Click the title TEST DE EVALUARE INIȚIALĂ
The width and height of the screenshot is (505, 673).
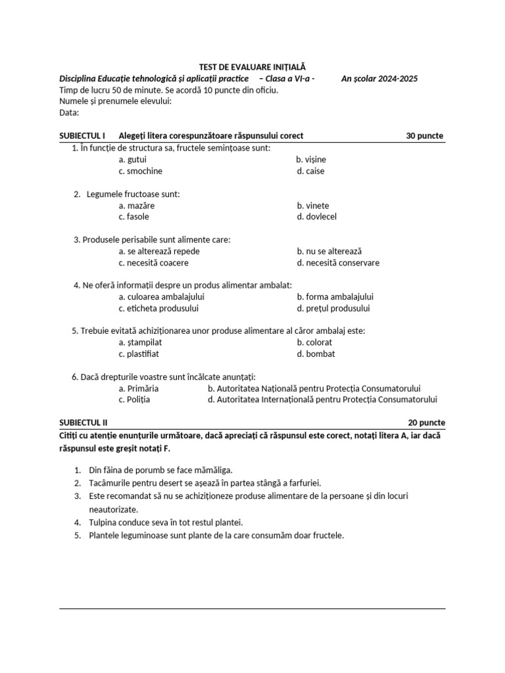coord(252,67)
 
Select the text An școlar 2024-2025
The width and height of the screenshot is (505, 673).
coord(379,79)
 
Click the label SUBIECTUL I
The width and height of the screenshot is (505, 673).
coord(82,136)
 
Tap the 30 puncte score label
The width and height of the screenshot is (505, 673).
coord(425,136)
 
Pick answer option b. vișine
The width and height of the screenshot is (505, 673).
coord(311,160)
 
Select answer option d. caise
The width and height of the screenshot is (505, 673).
coord(310,171)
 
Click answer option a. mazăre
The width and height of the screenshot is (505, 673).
coord(137,206)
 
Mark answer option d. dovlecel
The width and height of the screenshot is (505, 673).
coord(316,217)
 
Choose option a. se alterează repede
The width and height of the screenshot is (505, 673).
coord(159,251)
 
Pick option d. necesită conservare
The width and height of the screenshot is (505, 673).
coord(338,263)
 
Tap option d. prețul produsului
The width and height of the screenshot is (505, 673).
coord(333,308)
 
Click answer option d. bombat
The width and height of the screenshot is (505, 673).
coord(316,354)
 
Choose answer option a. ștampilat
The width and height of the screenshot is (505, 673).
coord(140,342)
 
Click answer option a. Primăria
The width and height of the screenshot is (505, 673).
coord(138,388)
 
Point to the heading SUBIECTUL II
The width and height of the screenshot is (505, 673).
coord(84,423)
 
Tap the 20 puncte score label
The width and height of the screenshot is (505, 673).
coord(426,423)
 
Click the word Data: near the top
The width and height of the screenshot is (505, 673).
coord(69,112)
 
